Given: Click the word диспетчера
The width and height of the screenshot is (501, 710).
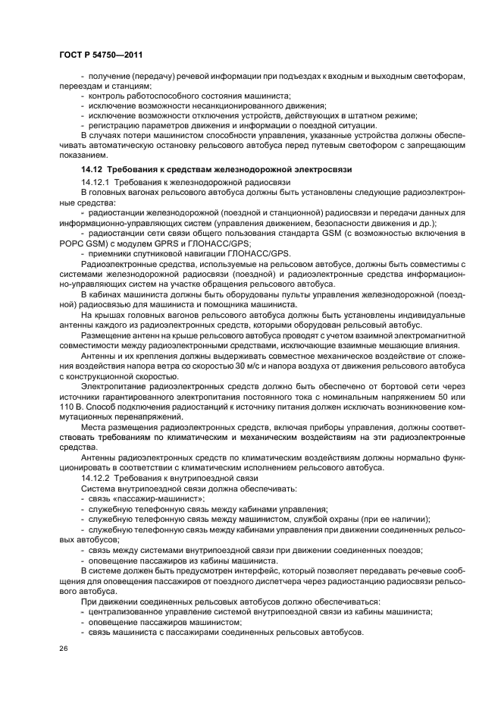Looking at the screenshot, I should [x=302, y=579].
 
